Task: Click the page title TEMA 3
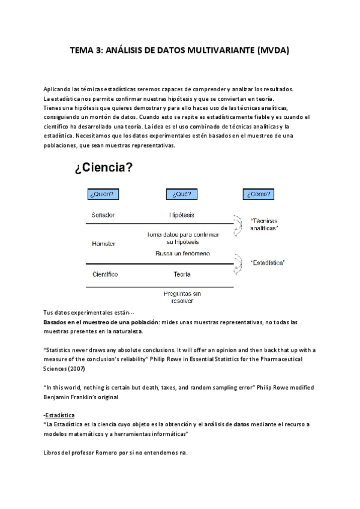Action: tap(179, 51)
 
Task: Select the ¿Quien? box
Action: tap(103, 194)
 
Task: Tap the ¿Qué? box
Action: tap(181, 194)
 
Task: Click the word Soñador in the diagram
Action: tap(103, 214)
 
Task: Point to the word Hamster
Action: tap(103, 244)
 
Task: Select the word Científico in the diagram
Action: tap(104, 274)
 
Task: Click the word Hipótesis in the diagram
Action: tap(181, 214)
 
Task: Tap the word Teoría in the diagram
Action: tap(181, 274)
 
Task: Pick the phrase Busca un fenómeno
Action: tap(182, 254)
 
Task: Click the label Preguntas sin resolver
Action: tap(181, 298)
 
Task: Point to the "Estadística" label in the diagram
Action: tap(267, 262)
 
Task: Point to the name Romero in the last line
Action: tap(106, 453)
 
